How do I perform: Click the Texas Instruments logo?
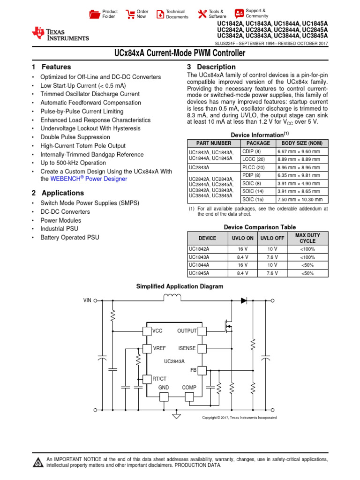point(60,34)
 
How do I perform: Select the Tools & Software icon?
point(202,14)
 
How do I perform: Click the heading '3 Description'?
point(211,67)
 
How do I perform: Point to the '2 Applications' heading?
point(58,193)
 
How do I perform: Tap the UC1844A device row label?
point(199,265)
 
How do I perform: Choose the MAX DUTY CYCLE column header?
point(308,238)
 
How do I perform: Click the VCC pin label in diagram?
point(157,331)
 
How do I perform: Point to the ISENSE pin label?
point(187,348)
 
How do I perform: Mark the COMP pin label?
point(189,388)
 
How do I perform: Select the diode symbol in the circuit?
point(244,300)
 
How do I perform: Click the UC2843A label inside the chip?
point(174,361)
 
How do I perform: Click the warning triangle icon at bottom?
point(37,462)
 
